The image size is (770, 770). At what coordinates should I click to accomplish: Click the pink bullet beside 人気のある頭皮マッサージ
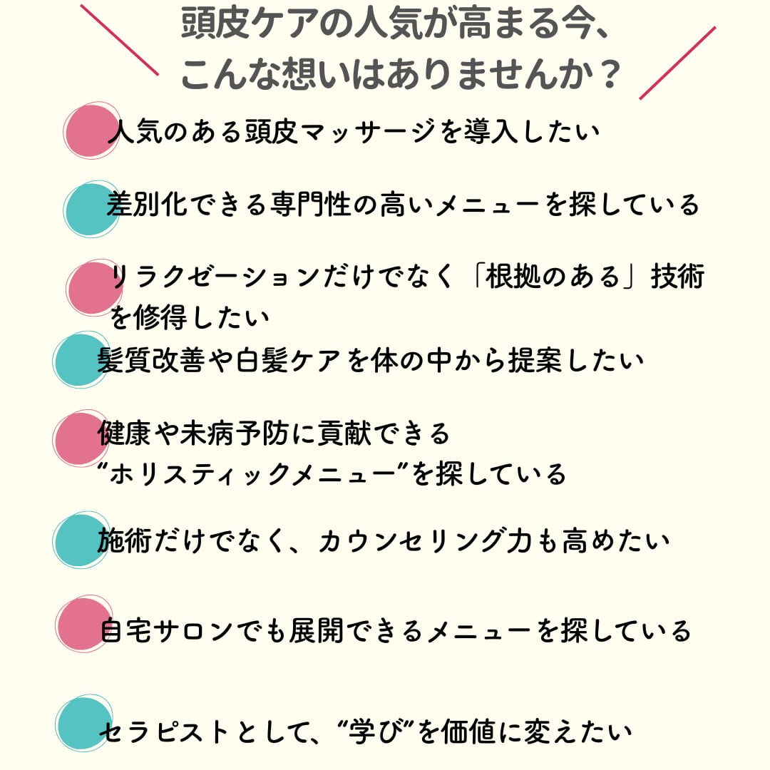point(89,131)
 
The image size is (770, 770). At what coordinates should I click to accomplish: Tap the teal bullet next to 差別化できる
point(90,209)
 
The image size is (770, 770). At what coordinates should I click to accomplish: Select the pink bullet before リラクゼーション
point(93,287)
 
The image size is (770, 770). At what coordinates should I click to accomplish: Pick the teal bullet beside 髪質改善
point(80,361)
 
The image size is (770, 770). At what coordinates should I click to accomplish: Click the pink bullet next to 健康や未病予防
point(79,438)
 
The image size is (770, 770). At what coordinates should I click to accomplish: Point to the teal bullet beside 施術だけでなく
point(80,541)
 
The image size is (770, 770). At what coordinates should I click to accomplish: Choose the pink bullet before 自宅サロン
point(82,624)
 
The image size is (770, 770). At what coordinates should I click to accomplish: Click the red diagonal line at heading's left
point(119,40)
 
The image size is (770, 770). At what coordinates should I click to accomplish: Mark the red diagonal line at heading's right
point(677,63)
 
